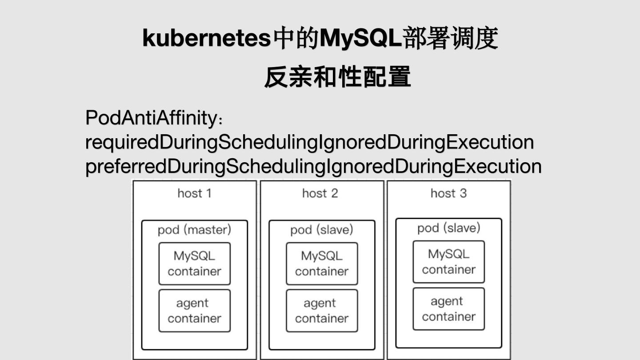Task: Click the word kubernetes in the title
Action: pos(206,38)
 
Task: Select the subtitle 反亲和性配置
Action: pos(337,77)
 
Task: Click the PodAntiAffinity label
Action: pos(153,118)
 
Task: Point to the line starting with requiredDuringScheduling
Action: pos(309,142)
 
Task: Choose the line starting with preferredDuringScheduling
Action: pos(313,167)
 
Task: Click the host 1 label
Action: pos(194,193)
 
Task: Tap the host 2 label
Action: pos(320,193)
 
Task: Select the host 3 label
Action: pos(448,193)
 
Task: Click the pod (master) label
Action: pos(194,230)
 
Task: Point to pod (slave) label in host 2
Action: pos(321,230)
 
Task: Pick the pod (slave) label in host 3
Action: pos(448,228)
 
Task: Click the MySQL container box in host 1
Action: pos(195,264)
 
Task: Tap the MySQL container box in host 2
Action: pos(322,264)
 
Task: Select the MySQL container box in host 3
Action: pos(448,262)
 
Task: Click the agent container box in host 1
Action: pos(195,311)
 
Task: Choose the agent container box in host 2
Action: pos(322,311)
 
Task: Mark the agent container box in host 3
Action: pos(448,309)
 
